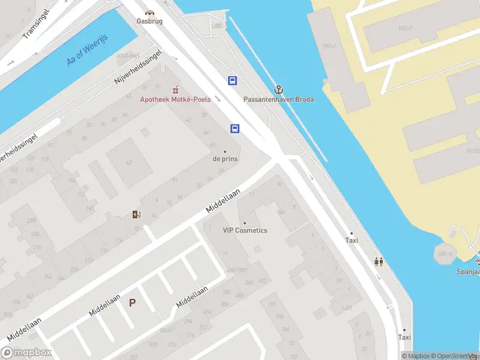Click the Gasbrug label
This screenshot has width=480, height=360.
pyautogui.click(x=149, y=20)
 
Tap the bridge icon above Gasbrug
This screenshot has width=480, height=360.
pyautogui.click(x=149, y=11)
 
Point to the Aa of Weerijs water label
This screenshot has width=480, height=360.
pyautogui.click(x=83, y=53)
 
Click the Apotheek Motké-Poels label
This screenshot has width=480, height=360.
pyautogui.click(x=175, y=99)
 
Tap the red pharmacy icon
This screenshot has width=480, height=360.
pyautogui.click(x=175, y=89)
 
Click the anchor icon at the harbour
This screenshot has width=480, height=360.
pyautogui.click(x=278, y=89)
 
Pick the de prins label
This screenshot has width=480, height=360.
pyautogui.click(x=225, y=159)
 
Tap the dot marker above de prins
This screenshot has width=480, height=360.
pyautogui.click(x=225, y=151)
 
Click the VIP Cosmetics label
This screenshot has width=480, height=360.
pyautogui.click(x=245, y=230)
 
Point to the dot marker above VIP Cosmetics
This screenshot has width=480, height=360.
pyautogui.click(x=245, y=223)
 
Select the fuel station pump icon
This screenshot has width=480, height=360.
pyautogui.click(x=137, y=215)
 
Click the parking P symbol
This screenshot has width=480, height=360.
pyautogui.click(x=132, y=304)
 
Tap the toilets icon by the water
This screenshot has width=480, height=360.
pyautogui.click(x=379, y=262)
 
